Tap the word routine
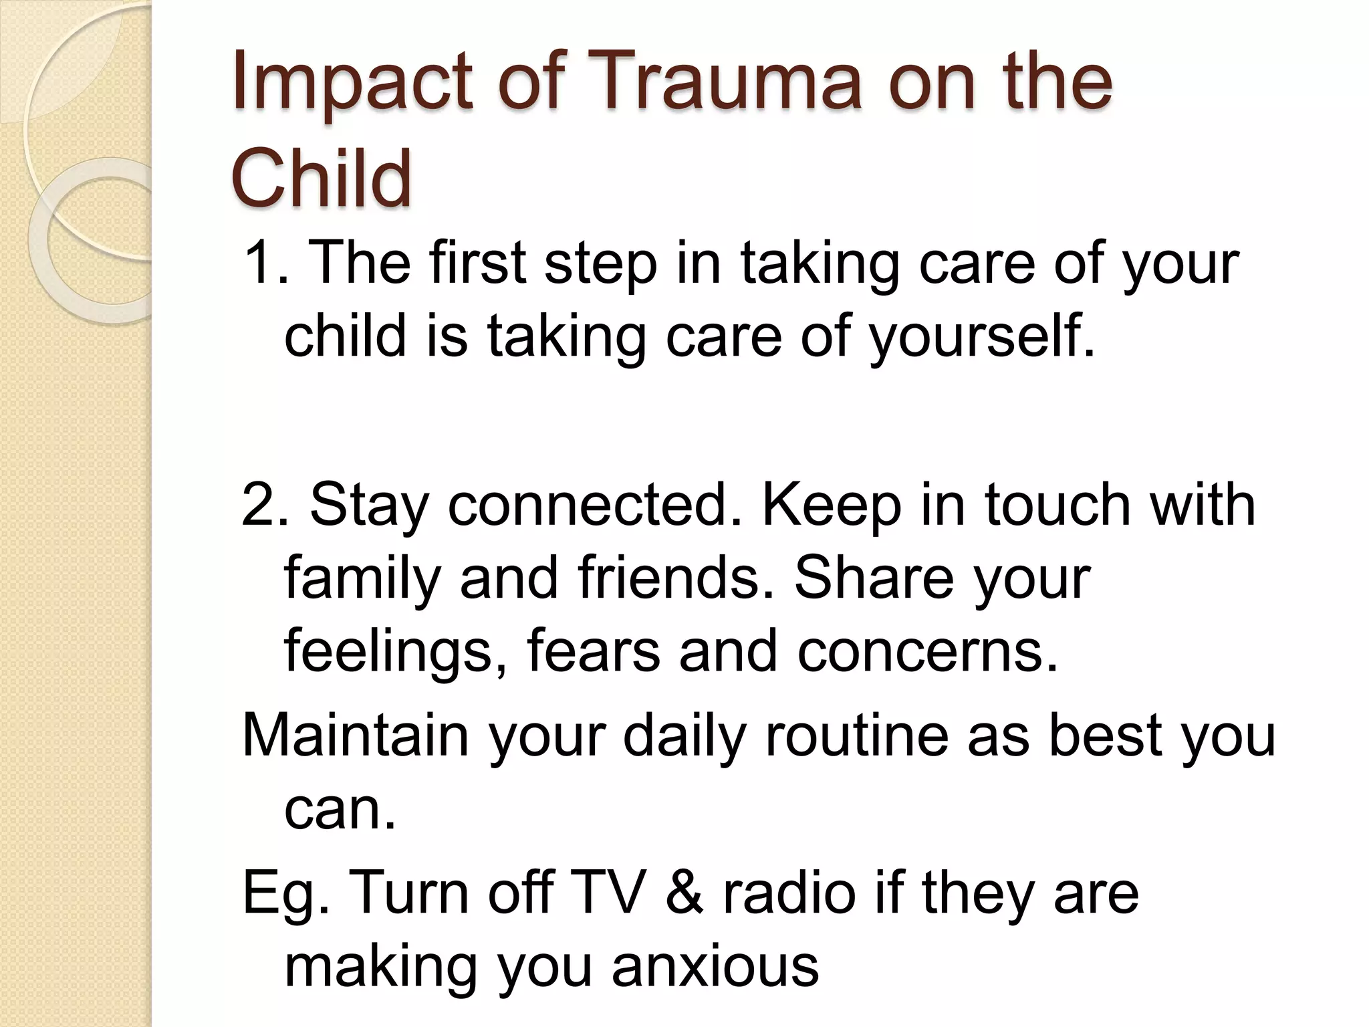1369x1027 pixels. [856, 735]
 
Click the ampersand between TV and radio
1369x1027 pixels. [684, 893]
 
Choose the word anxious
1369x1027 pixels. [715, 966]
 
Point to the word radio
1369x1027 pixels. [789, 892]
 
